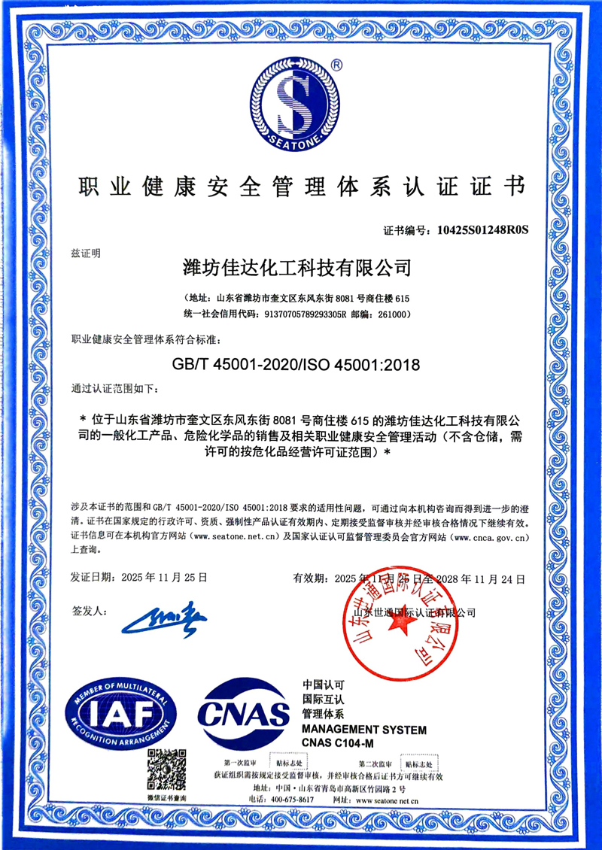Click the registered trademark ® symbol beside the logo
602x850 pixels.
coord(336,65)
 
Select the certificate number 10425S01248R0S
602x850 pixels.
coord(478,231)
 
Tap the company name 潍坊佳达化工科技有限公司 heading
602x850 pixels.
coord(298,267)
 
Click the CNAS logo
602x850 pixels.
coord(242,712)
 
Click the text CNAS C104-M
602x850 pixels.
coord(338,744)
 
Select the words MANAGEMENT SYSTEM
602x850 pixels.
coord(364,730)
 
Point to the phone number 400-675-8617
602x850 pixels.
coord(292,800)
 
